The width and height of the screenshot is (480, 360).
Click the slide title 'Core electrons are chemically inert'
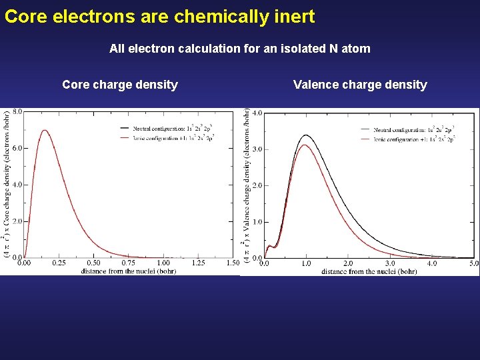coord(159,17)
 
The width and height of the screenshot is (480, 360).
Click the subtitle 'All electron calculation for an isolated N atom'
coord(239,49)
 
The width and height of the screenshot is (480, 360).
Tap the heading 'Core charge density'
coord(120,85)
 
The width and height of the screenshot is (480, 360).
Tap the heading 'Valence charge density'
coord(360,85)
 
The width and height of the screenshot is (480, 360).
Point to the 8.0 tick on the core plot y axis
coord(17,112)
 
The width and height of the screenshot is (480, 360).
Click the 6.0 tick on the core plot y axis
coord(17,148)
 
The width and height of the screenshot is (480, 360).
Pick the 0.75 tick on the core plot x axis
coord(128,263)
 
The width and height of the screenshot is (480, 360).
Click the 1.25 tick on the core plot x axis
coord(198,263)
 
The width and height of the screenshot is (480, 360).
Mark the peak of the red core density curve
coord(45,131)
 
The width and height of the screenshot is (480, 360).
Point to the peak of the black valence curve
coord(306,135)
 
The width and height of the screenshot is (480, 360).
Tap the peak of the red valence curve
coord(305,145)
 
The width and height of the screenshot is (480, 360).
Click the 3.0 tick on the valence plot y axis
coord(257,149)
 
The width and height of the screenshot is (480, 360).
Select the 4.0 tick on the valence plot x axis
coord(432,264)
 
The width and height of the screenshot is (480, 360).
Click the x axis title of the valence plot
coord(369,271)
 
